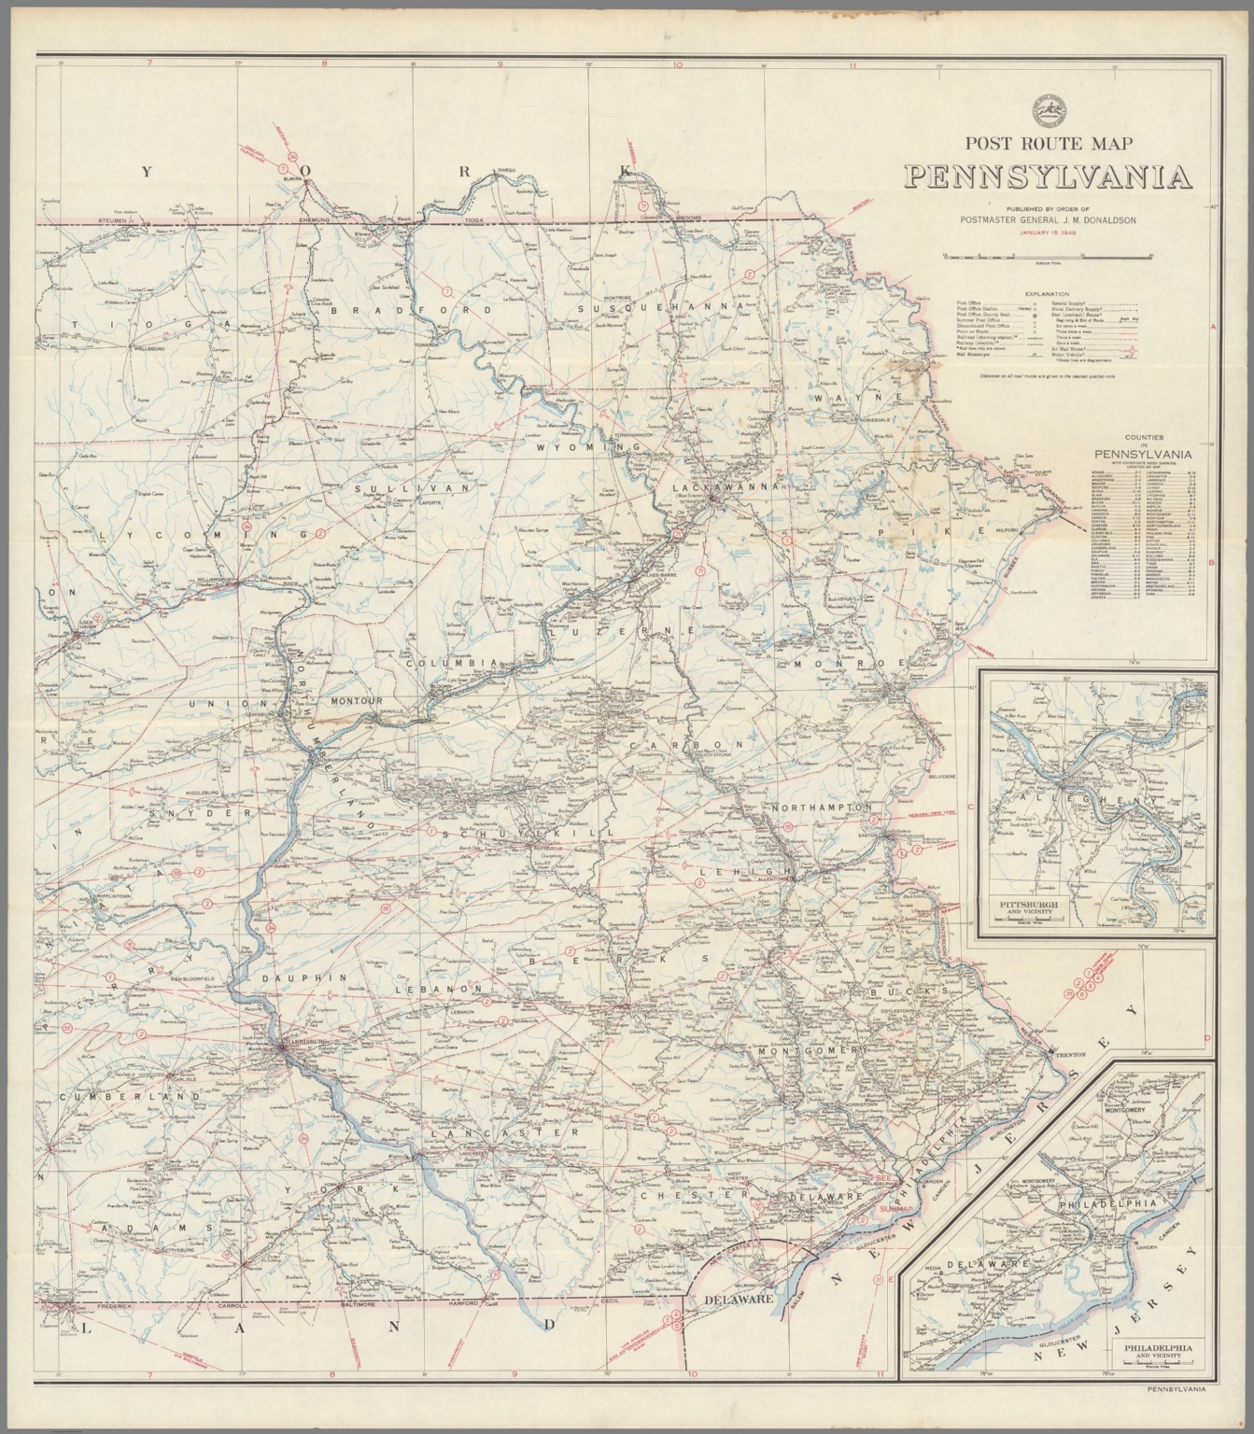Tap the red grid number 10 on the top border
(677, 64)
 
